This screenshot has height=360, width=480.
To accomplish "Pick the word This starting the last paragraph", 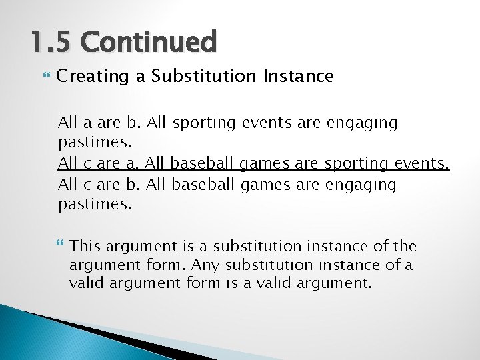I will (85, 247).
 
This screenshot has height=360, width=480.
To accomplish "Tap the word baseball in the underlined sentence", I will (201, 163).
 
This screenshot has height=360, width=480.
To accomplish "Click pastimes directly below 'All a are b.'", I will (95, 143).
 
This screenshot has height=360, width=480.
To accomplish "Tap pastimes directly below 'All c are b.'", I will (95, 204).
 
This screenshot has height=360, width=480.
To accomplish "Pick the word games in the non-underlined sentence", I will (261, 184).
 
